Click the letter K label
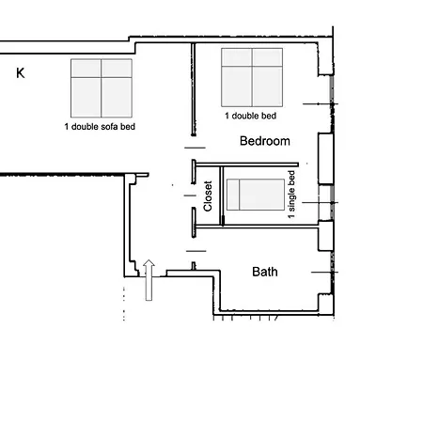point(21,73)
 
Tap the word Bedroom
point(265,141)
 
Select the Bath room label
point(265,272)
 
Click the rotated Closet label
point(208,196)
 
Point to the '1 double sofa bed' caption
point(100,127)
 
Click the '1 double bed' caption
point(251,116)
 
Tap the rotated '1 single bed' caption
point(291,195)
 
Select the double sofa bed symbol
point(102,88)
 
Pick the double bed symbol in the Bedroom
point(252,77)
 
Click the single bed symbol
point(256,195)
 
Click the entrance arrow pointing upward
point(149,280)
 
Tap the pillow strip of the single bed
point(233,195)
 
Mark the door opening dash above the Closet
point(195,148)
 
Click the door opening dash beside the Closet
point(190,196)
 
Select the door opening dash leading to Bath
point(196,251)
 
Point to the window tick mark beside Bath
point(324,273)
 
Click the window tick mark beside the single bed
point(320,203)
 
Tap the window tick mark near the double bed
point(321,103)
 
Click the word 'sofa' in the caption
point(110,127)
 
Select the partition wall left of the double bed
point(194,89)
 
